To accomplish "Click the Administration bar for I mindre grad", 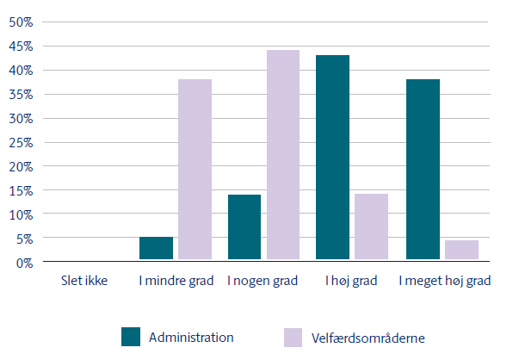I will (x=157, y=248).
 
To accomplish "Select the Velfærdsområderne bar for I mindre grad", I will (x=195, y=169).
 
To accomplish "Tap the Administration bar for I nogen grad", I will (x=244, y=227).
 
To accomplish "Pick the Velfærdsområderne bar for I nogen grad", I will (x=282, y=154).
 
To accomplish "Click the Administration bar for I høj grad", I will (x=333, y=157).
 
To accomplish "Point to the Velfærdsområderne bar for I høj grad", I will (x=371, y=227).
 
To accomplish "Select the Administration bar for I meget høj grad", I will (x=423, y=169).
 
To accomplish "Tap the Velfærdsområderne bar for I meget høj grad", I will (x=460, y=250).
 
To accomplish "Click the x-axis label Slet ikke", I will (x=84, y=281).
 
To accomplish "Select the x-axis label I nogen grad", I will (x=263, y=281).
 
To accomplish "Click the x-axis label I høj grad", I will (x=352, y=281).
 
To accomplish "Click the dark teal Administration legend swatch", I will (x=131, y=337).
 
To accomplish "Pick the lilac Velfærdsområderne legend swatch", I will (x=293, y=337).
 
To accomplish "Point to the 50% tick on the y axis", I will (x=21, y=22).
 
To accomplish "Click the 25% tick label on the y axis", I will (x=21, y=142).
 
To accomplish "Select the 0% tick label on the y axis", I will (x=24, y=262).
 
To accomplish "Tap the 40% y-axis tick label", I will (x=21, y=71).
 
